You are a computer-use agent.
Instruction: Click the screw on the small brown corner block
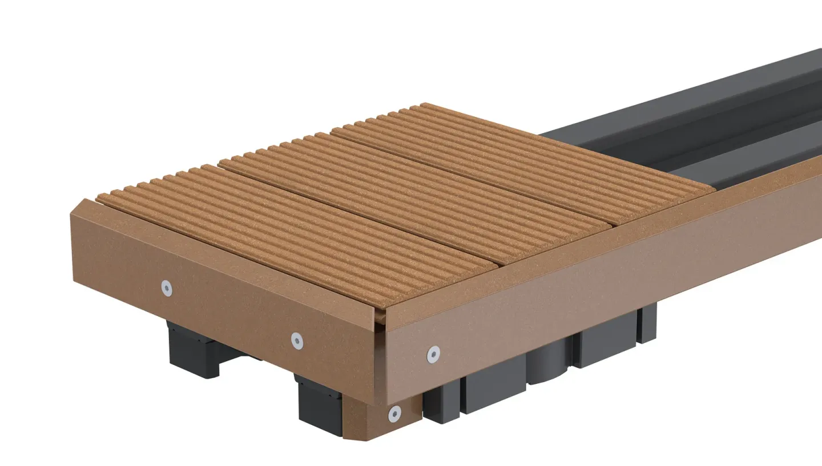pos(394,414)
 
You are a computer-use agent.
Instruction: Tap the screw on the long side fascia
pos(433,354)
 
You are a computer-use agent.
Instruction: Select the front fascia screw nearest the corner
pos(297,341)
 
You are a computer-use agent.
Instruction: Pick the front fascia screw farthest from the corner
pos(166,288)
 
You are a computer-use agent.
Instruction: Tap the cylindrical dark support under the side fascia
pos(548,365)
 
